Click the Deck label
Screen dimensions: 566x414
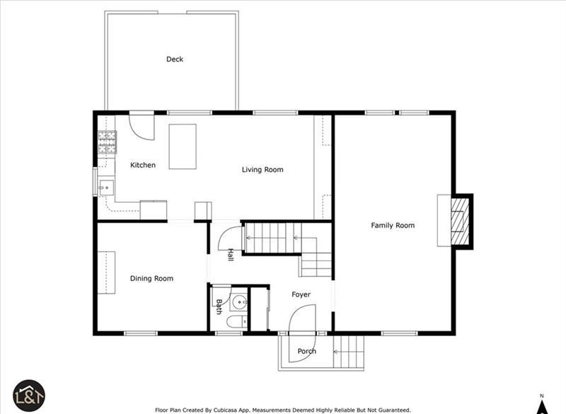coord(175,59)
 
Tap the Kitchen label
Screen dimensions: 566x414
coord(143,165)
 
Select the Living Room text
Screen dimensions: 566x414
coord(262,170)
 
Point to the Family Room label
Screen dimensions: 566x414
coord(393,225)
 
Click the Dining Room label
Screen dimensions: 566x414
coord(151,278)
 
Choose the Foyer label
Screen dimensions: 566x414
coord(301,294)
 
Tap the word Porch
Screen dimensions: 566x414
coord(307,351)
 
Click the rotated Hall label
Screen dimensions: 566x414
coord(231,255)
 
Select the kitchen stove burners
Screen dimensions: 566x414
coord(108,142)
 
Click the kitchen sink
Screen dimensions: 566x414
coord(106,188)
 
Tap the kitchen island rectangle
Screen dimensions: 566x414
coord(183,146)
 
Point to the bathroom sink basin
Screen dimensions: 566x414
coord(240,302)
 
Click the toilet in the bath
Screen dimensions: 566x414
coord(237,321)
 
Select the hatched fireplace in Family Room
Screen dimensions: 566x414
coord(459,222)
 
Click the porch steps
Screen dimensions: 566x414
coord(348,352)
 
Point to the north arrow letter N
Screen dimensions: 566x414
coord(541,396)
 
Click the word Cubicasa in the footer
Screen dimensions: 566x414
coord(226,410)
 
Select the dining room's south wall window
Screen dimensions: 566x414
coord(141,333)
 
